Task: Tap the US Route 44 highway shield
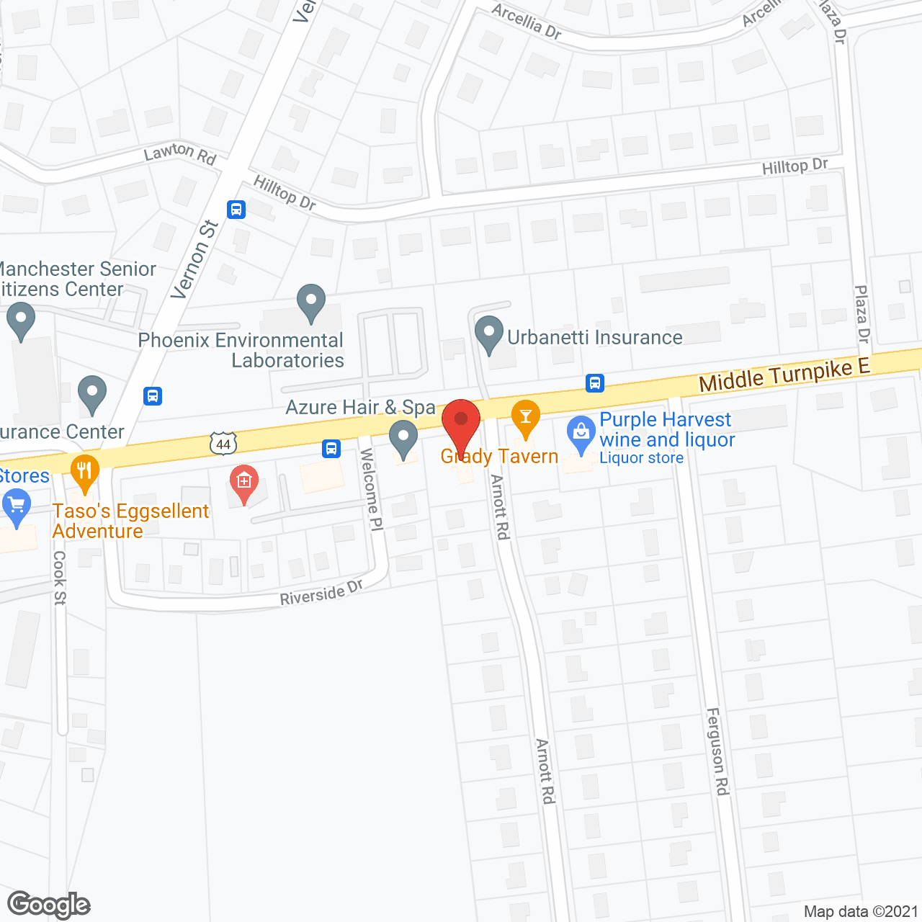pos(223,444)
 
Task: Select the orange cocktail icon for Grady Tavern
pos(526,417)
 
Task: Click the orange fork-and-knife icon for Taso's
pos(85,472)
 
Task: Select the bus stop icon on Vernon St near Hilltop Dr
pos(236,210)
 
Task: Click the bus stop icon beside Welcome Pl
pos(331,449)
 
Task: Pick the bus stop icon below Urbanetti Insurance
pos(595,383)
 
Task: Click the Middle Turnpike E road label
pos(784,375)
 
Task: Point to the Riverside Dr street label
pos(321,593)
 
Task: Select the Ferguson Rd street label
pos(717,751)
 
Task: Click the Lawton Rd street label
pos(180,153)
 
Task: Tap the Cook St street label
pos(60,578)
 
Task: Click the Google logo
pos(49,905)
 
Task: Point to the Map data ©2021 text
pos(860,912)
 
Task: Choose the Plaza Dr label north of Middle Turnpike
pos(862,314)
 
